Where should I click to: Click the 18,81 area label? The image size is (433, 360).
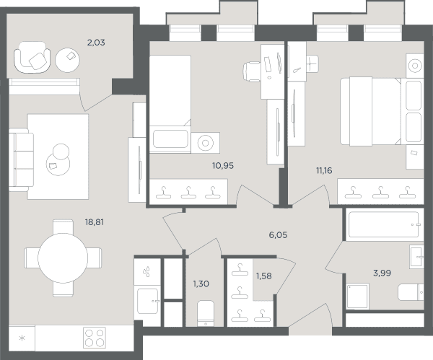pos(95,222)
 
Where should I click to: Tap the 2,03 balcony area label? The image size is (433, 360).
pos(96,43)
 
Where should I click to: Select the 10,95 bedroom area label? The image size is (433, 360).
pos(223,166)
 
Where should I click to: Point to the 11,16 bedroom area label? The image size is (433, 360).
pos(324,170)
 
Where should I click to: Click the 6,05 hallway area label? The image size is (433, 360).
pos(278,235)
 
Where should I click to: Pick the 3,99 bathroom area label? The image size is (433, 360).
pos(382,273)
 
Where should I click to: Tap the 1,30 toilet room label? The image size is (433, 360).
pos(201,284)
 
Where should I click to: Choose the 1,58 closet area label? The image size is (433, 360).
pos(263,276)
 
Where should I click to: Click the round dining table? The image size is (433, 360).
pos(63,258)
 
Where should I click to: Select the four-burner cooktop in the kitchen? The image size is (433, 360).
pos(95,338)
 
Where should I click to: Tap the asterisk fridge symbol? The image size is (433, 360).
pos(22,338)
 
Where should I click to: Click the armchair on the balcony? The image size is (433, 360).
pos(32,58)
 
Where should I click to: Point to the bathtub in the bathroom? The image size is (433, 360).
pos(385,224)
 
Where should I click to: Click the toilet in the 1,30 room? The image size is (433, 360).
pos(206,313)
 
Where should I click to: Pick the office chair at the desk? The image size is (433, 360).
pos(252,71)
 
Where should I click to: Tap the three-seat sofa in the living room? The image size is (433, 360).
pos(21,160)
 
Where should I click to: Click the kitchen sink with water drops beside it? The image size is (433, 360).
pos(148,301)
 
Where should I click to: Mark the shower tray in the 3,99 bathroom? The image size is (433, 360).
pos(358,296)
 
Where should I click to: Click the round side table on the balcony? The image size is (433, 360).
pos(67,60)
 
